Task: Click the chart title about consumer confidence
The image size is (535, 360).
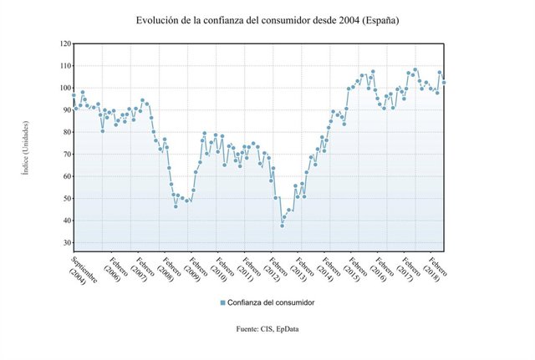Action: coord(267,19)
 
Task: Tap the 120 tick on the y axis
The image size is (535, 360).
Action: coord(65,43)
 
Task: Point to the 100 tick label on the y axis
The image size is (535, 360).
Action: coord(65,88)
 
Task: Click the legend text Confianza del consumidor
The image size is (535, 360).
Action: coord(272,302)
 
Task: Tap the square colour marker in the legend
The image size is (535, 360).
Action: coord(223,302)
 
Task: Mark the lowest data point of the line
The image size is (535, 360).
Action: coord(283,226)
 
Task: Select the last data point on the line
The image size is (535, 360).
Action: coord(444,83)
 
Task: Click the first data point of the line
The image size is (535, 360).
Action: coord(74,95)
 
